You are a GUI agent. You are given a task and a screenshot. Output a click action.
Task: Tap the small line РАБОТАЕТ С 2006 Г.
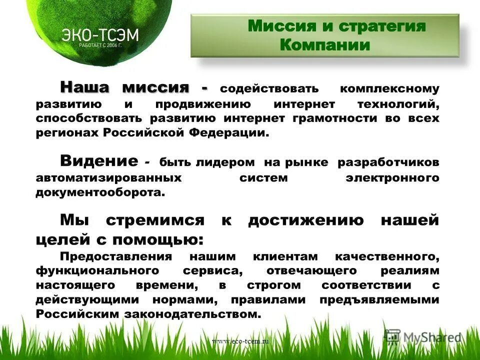click(x=100, y=45)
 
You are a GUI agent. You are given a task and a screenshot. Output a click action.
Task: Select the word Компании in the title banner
click(x=325, y=45)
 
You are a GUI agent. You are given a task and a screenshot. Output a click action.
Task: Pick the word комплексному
click(x=389, y=89)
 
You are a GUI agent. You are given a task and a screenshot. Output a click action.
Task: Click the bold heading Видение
click(x=98, y=161)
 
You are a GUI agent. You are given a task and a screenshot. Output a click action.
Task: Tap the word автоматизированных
click(x=108, y=177)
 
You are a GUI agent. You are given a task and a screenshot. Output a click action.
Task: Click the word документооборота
click(x=99, y=192)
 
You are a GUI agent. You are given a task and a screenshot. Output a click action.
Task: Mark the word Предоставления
click(x=116, y=256)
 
